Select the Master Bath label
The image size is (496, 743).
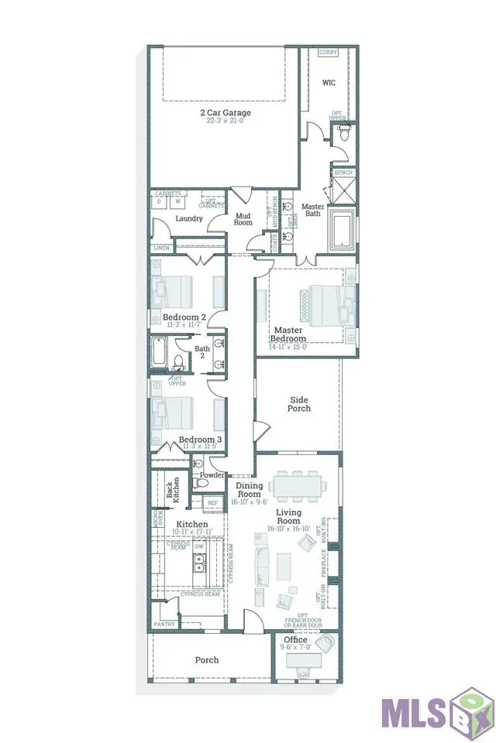click(x=312, y=211)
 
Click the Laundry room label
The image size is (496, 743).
click(x=188, y=218)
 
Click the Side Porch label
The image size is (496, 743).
click(x=298, y=404)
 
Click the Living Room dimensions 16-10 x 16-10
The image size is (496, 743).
click(x=288, y=529)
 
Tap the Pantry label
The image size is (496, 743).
click(x=164, y=623)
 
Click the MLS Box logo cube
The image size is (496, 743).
click(x=470, y=708)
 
